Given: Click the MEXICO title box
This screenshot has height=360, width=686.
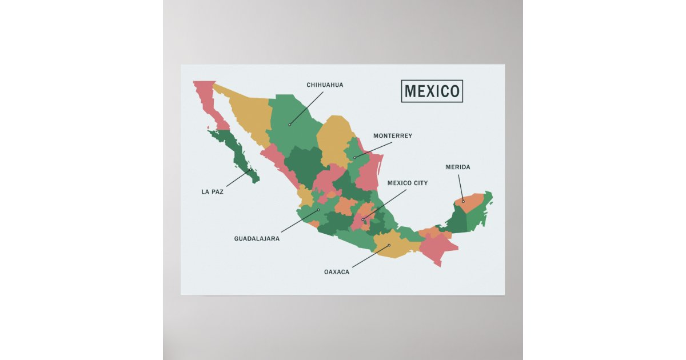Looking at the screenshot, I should [x=432, y=91].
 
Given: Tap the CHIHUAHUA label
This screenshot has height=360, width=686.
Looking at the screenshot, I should [x=325, y=85].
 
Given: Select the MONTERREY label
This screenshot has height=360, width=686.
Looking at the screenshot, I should [x=392, y=136].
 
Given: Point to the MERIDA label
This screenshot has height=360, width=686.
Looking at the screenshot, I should [x=457, y=167].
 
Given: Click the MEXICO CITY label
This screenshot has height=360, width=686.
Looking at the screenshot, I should [x=407, y=183].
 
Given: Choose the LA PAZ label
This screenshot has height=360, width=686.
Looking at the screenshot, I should [x=212, y=192].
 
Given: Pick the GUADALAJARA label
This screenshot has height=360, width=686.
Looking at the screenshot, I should [x=257, y=239].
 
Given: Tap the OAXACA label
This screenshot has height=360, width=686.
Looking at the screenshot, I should [x=336, y=272].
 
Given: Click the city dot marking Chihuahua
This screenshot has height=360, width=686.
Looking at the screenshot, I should [x=290, y=125].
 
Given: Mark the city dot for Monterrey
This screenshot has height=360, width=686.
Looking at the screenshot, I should [x=354, y=158].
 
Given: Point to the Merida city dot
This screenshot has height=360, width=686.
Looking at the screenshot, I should [x=463, y=201].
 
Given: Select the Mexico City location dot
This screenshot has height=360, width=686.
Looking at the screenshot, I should [x=363, y=219].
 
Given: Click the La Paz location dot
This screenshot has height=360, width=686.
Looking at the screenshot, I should [x=250, y=170].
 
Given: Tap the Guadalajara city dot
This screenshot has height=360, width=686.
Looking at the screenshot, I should [x=318, y=210].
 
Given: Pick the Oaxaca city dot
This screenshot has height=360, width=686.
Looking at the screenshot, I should [x=389, y=246].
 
